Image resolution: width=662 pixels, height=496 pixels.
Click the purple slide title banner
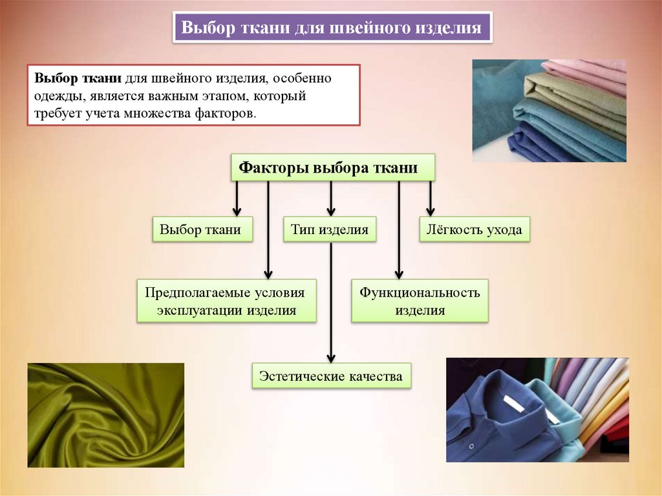(332, 28)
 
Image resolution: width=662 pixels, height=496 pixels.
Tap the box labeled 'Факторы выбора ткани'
(333, 168)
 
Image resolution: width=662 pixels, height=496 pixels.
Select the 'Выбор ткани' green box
(201, 230)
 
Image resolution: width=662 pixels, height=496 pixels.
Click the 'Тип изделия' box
(330, 230)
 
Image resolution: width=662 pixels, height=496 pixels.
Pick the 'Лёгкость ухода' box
(475, 230)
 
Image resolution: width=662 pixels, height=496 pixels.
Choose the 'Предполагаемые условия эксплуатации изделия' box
(226, 301)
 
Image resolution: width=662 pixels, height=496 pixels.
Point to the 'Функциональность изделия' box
(420, 301)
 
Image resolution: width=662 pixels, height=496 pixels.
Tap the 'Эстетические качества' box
(331, 376)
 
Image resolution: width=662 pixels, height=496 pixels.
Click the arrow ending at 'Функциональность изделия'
(399, 233)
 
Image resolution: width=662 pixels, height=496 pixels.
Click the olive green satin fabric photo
(105, 415)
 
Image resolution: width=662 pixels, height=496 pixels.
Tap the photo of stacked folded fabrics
(549, 111)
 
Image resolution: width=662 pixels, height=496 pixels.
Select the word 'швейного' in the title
(361, 28)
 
